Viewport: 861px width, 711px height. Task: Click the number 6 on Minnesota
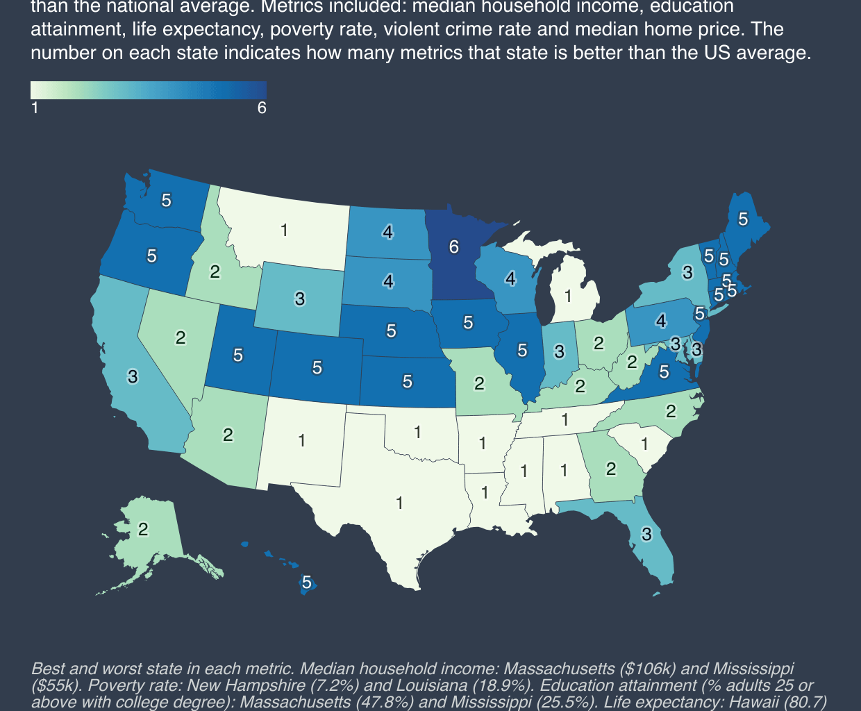453,246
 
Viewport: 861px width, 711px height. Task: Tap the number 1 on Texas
399,503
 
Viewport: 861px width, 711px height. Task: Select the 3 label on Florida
646,534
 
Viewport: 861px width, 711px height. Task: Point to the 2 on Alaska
142,529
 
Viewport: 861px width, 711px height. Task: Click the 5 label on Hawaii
306,583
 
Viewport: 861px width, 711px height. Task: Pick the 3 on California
132,376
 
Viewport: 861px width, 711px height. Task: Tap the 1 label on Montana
284,230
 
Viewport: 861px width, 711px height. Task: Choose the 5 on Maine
743,219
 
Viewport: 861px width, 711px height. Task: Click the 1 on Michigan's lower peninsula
568,296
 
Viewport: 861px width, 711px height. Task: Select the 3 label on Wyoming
299,299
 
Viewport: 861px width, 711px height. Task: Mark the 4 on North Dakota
388,232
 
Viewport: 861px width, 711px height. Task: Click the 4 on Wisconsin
510,278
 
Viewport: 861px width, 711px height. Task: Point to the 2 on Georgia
610,469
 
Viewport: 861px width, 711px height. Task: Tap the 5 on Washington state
166,200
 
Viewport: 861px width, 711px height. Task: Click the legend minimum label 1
35,108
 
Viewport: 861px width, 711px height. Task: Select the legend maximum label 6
262,108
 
